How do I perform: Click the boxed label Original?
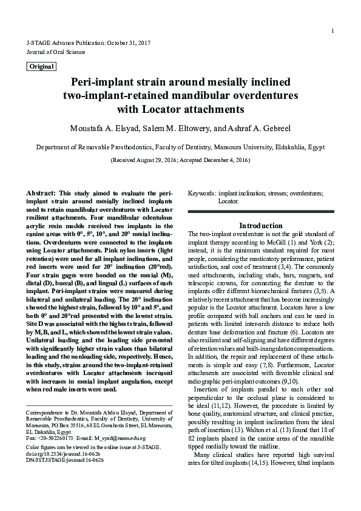point(41,66)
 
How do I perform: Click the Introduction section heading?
point(260,225)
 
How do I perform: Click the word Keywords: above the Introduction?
point(202,192)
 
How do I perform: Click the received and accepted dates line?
point(180,160)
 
